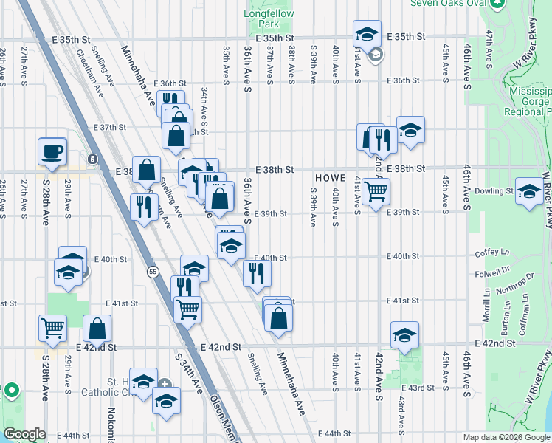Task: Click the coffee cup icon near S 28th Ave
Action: (x=52, y=152)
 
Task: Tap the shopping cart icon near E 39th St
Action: (x=376, y=192)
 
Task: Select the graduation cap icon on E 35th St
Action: (x=367, y=34)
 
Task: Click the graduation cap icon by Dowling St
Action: (x=528, y=192)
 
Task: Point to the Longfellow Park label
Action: (x=269, y=18)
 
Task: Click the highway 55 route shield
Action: (x=151, y=271)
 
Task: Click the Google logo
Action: (x=24, y=433)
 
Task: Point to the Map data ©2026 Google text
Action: (x=506, y=437)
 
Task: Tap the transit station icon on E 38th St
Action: (x=93, y=159)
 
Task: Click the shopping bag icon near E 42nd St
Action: (x=97, y=329)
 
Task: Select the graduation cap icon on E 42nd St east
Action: (x=404, y=335)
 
